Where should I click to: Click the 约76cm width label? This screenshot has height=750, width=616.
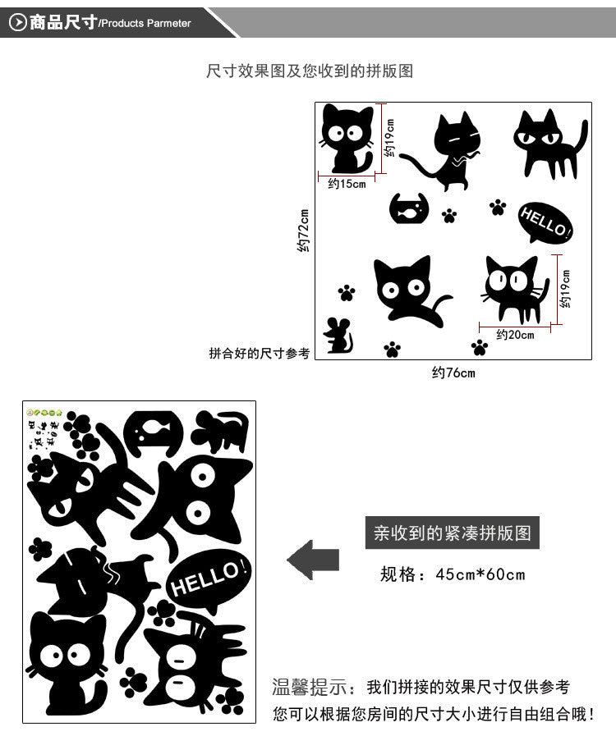453,373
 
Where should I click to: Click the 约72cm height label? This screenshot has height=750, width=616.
303,231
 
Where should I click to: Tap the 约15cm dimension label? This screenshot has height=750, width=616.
347,184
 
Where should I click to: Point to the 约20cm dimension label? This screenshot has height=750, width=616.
515,334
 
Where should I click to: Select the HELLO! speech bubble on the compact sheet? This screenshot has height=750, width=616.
209,581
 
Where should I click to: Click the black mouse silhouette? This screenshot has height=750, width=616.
337,335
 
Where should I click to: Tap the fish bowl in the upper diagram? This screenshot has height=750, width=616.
410,208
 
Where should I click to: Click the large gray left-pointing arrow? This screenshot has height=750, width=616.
313,560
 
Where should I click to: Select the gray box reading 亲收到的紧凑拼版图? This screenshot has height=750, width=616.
452,533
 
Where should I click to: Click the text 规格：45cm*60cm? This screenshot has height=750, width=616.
452,574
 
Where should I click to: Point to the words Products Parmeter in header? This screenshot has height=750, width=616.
145,24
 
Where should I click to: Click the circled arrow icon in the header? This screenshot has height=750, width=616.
17,22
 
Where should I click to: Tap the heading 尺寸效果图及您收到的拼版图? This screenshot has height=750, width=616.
309,71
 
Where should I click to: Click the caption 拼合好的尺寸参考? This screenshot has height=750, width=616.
260,354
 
